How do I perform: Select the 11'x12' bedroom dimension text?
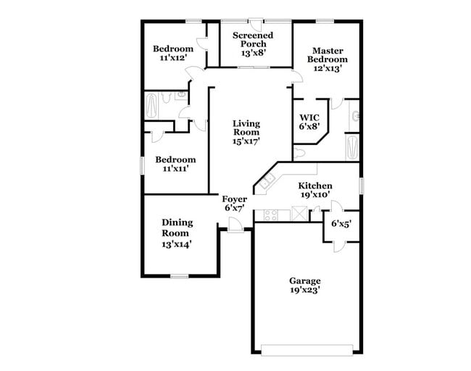click(x=172, y=59)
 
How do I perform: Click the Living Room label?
click(x=246, y=128)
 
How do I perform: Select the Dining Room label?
click(x=175, y=228)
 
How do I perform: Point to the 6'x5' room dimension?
click(x=341, y=225)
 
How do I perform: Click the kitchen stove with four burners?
click(x=271, y=214)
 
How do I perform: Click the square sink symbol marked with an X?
click(x=298, y=214)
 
